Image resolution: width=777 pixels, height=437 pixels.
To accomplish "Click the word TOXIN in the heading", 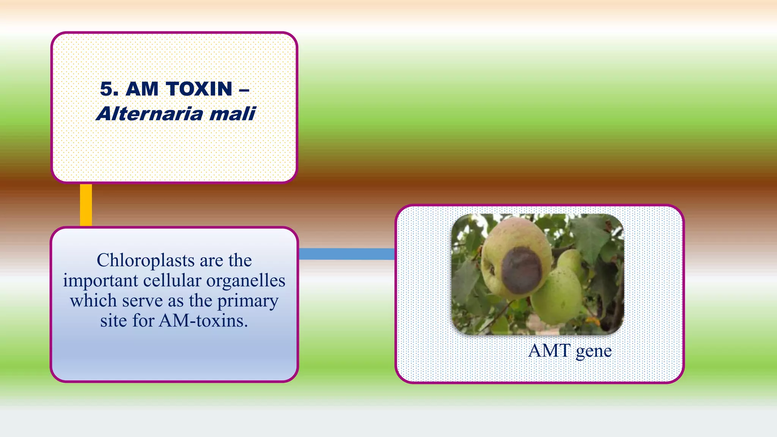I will [x=200, y=89].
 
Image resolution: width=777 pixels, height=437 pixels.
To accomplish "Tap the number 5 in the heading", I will [x=107, y=89].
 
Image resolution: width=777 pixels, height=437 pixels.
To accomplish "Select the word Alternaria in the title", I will [x=149, y=114].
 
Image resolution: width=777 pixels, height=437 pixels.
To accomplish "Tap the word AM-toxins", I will [x=203, y=321].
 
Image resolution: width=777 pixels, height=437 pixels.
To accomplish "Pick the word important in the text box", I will [x=100, y=281].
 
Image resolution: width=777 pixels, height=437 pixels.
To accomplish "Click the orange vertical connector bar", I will [x=86, y=205].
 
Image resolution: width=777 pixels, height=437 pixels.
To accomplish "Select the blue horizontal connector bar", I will [x=346, y=254].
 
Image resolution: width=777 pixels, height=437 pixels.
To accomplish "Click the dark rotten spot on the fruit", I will [x=522, y=270].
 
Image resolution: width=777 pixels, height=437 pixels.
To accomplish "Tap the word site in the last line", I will [x=113, y=321].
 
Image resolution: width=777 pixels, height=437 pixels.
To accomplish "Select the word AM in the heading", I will [x=142, y=89].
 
